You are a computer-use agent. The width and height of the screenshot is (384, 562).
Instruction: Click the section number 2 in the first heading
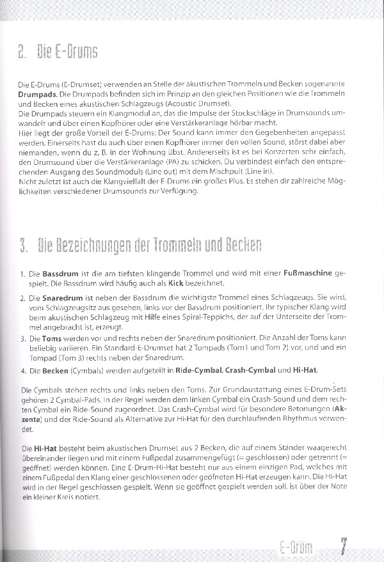pos(22,52)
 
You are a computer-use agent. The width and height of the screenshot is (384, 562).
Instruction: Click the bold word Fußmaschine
pos(308,274)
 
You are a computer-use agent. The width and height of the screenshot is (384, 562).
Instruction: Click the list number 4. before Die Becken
pos(24,370)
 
